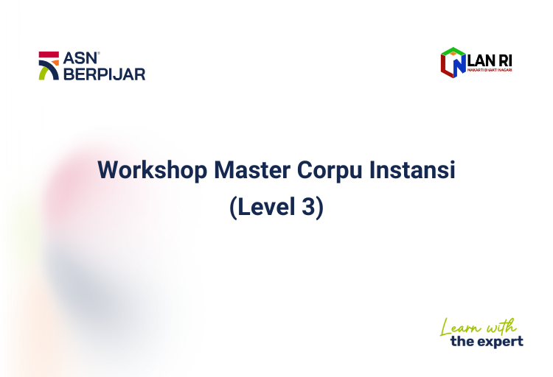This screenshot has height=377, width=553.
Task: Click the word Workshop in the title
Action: point(152,171)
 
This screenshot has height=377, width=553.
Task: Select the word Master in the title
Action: point(252,170)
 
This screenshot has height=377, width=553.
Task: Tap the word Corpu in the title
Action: point(330,171)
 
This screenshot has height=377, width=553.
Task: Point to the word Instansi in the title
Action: point(412,170)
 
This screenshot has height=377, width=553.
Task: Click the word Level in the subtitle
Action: point(266,206)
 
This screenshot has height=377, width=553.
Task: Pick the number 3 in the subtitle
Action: point(308,207)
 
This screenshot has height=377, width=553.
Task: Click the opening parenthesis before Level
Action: point(233,208)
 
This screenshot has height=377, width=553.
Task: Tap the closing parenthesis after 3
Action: point(319,208)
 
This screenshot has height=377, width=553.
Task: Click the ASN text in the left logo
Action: point(80,58)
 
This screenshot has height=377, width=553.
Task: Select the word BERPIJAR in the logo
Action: point(105,74)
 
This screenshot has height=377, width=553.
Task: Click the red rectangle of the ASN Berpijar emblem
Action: point(49,54)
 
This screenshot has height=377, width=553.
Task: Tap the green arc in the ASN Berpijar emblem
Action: point(43,74)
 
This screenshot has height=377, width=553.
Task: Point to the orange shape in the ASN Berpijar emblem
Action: point(55,63)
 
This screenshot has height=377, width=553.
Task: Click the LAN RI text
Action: point(490,60)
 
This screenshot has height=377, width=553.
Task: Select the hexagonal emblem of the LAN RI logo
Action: point(453,63)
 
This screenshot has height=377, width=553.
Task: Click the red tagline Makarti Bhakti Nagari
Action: point(490,70)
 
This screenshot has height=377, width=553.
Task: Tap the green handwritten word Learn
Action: point(461,327)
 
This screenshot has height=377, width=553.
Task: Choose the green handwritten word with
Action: point(501,326)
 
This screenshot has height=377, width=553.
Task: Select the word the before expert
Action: point(462,341)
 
